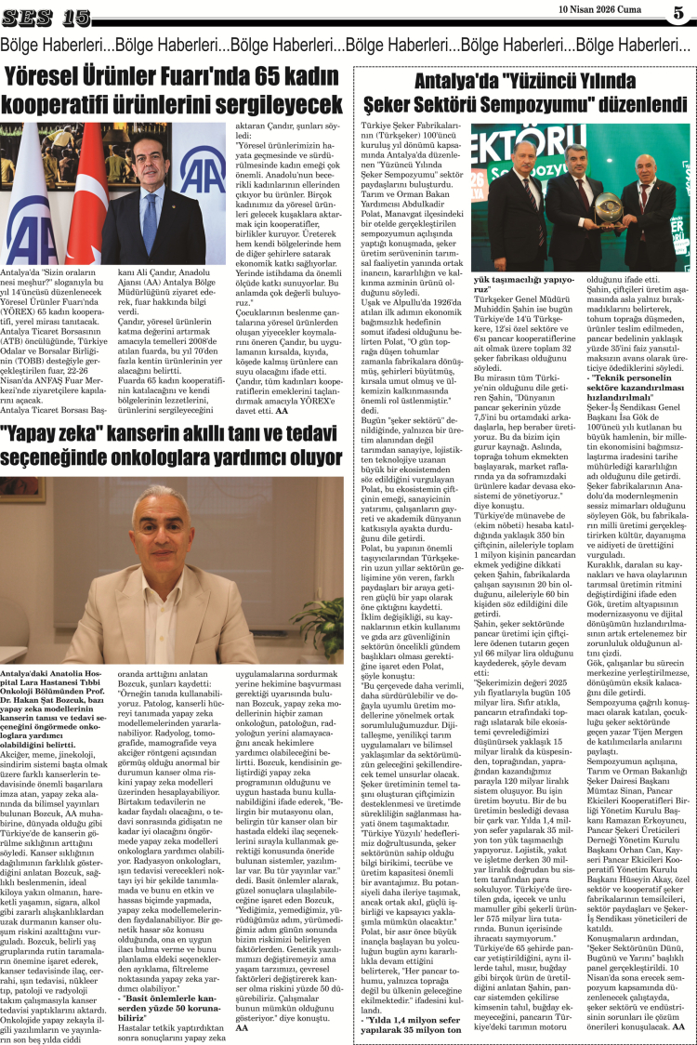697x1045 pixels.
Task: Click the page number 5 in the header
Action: (x=678, y=13)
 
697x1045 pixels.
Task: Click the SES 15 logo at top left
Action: (x=46, y=16)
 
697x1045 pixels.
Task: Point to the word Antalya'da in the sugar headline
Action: (x=415, y=81)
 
